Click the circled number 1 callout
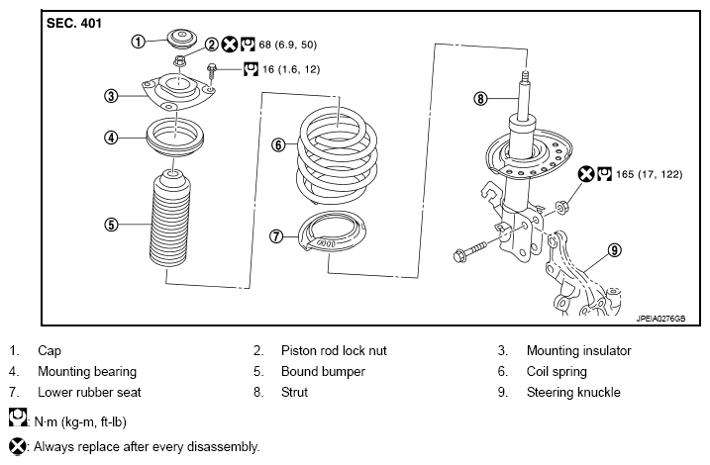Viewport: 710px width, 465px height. pyautogui.click(x=138, y=42)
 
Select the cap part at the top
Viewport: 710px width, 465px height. pyautogui.click(x=182, y=39)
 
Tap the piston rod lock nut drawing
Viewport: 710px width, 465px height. pyautogui.click(x=180, y=60)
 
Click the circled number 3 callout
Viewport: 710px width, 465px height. pyautogui.click(x=111, y=96)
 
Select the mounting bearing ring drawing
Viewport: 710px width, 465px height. pyautogui.click(x=175, y=138)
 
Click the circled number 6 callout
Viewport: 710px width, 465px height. pyautogui.click(x=278, y=144)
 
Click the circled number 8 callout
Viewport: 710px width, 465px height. pyautogui.click(x=480, y=98)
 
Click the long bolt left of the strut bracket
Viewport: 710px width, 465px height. pyautogui.click(x=470, y=251)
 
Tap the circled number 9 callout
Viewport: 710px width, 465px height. pyautogui.click(x=614, y=250)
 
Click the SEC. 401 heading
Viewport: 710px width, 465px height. pyautogui.click(x=74, y=23)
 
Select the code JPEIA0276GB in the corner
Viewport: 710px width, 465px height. pyautogui.click(x=660, y=319)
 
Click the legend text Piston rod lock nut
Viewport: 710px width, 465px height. pyautogui.click(x=334, y=350)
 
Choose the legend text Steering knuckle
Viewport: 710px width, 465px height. pyautogui.click(x=573, y=392)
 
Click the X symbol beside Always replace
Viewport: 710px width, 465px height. pyautogui.click(x=18, y=446)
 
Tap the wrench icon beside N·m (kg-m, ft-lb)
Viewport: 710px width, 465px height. pyautogui.click(x=18, y=418)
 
